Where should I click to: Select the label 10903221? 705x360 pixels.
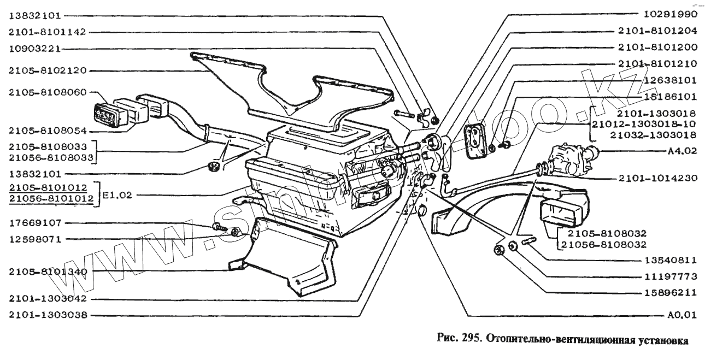coord(34,49)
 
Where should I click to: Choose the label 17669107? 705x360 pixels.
coord(35,223)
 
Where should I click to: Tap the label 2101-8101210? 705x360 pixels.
coord(657,63)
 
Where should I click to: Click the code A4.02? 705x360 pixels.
coord(681,151)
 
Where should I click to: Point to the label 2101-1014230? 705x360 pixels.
coord(657,178)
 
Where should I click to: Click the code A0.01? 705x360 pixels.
coord(681,315)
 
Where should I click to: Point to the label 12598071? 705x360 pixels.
coord(35,239)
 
